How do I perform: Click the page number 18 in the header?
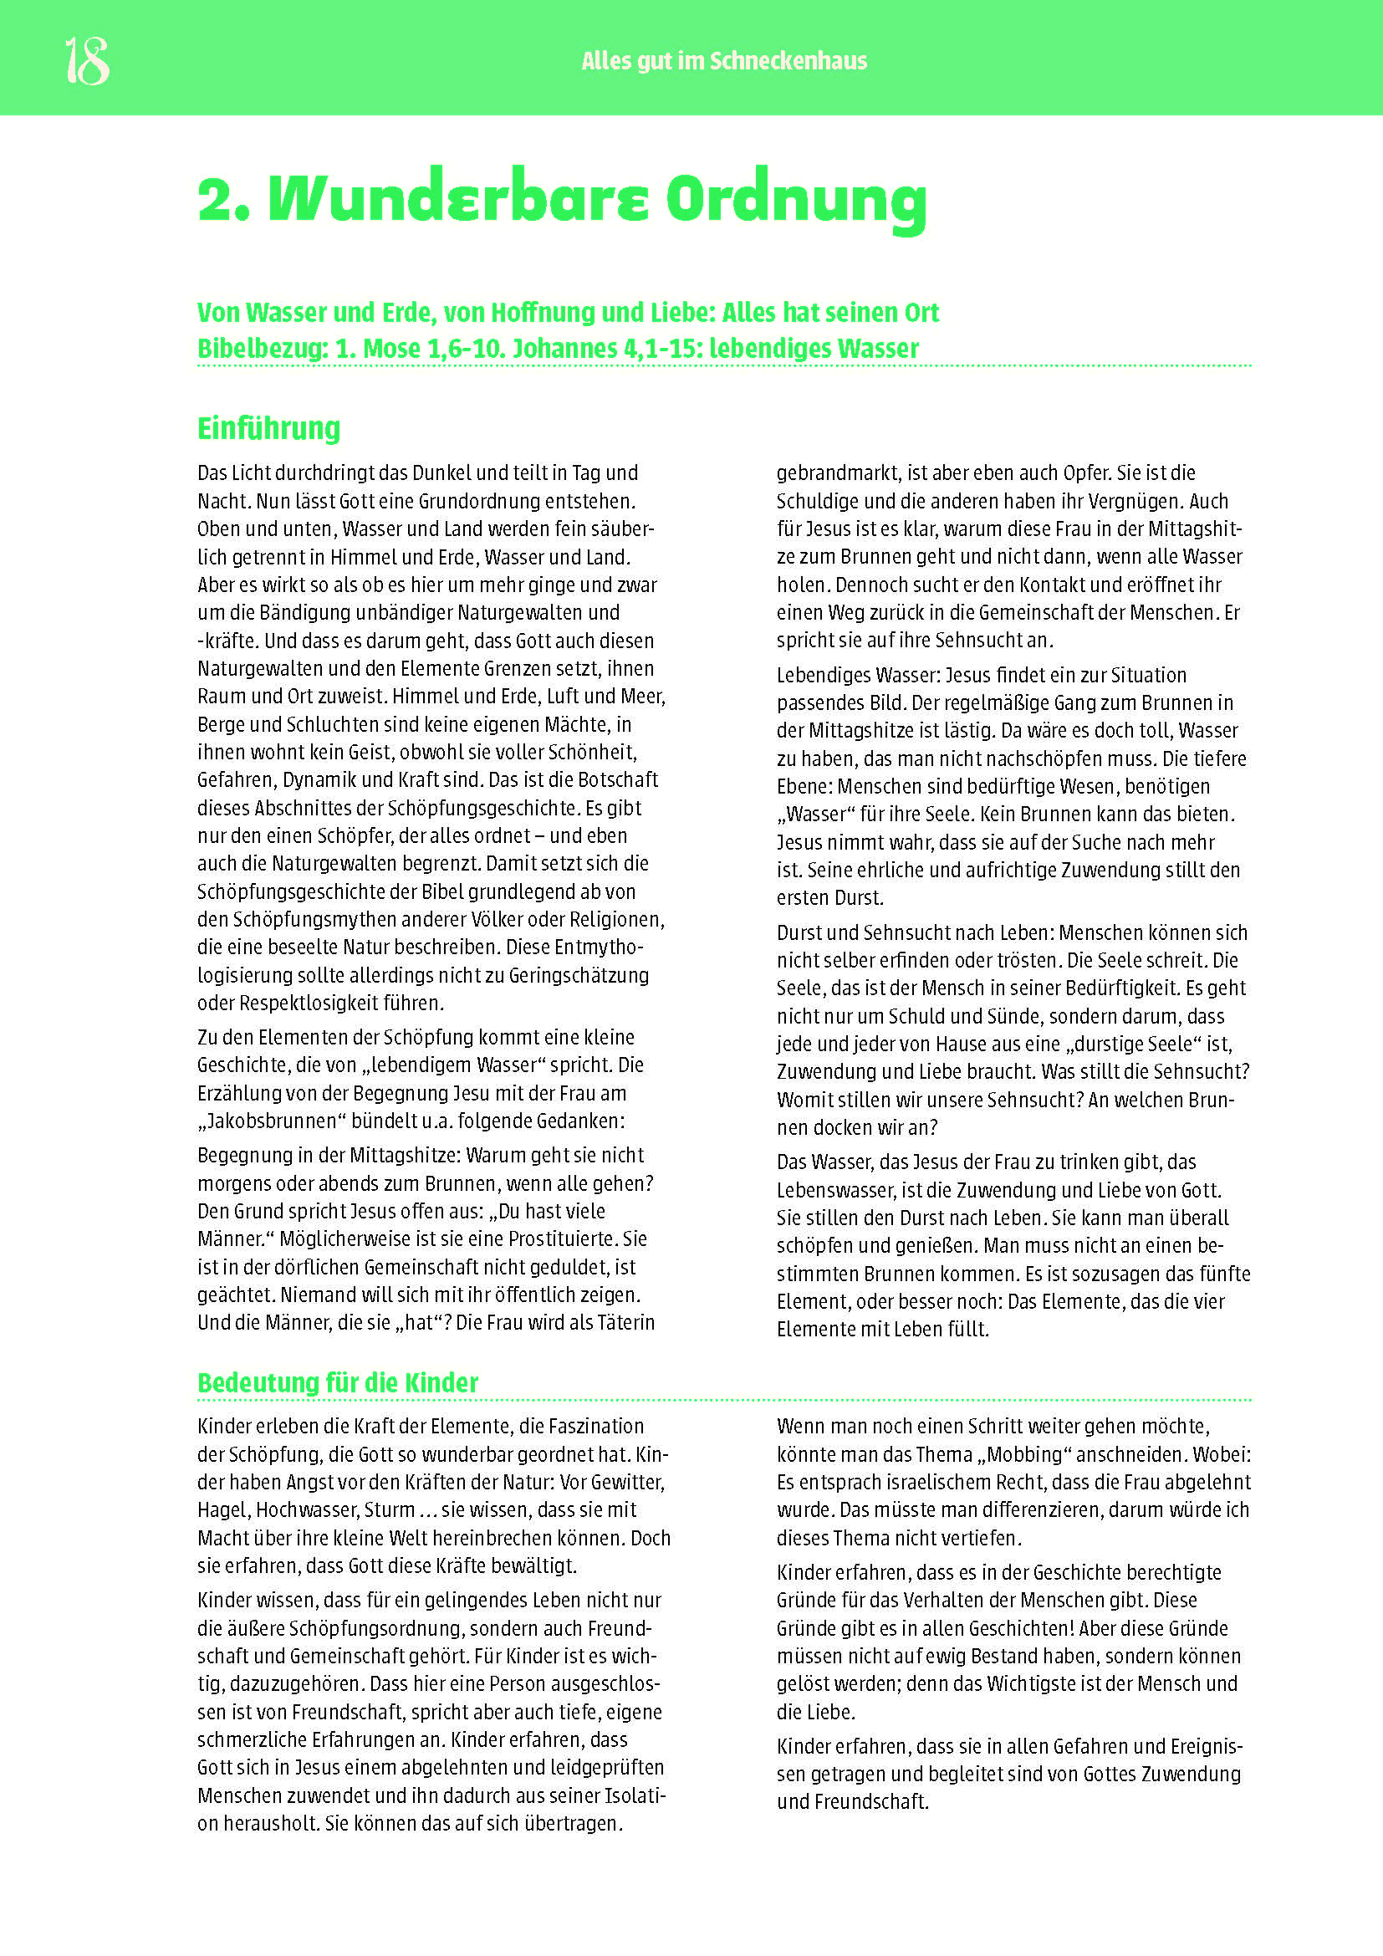87,61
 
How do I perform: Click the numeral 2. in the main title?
223,199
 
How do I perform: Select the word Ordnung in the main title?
795,199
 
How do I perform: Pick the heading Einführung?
268,427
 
